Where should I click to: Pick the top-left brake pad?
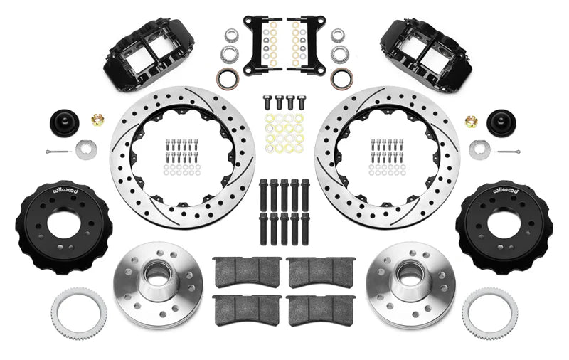[247, 271]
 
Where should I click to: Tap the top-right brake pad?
[321, 271]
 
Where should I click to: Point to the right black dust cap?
[501, 122]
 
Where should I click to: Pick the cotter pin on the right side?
[509, 152]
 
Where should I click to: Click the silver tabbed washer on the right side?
[479, 149]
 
